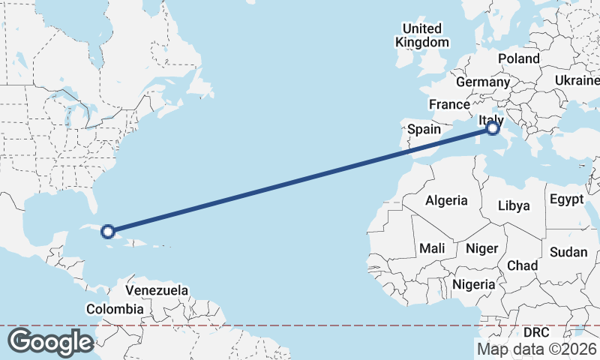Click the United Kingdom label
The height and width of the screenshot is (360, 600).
click(x=422, y=35)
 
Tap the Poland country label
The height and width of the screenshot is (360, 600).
click(x=518, y=58)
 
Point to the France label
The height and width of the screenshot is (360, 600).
click(x=449, y=104)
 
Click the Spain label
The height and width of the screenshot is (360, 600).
click(x=424, y=129)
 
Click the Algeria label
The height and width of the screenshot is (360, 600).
click(x=446, y=200)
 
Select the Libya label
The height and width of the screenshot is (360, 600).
click(x=514, y=205)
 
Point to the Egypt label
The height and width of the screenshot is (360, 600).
click(x=566, y=199)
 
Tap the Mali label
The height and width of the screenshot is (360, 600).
click(x=432, y=247)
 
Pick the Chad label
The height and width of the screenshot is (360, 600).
click(x=522, y=265)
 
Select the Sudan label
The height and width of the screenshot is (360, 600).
click(x=568, y=252)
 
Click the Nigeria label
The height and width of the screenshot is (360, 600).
click(x=474, y=284)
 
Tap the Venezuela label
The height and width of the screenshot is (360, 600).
click(x=157, y=290)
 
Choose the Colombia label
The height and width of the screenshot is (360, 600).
click(x=115, y=309)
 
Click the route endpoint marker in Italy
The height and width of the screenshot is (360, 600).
click(x=493, y=128)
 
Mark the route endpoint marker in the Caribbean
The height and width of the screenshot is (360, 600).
click(x=108, y=232)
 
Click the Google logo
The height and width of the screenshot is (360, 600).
click(x=49, y=341)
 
